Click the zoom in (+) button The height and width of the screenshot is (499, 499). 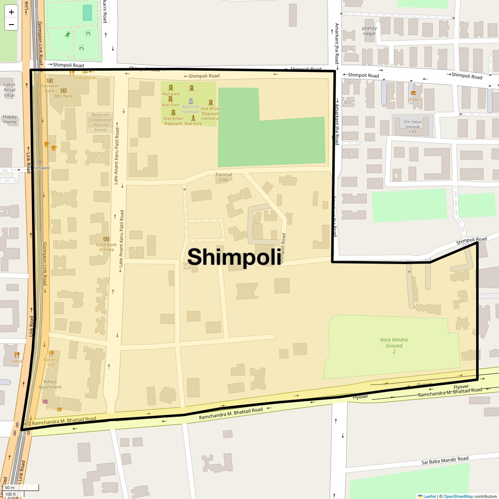tap(11, 12)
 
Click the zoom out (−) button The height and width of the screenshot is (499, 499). tap(11, 24)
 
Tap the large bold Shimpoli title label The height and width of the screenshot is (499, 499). tap(234, 257)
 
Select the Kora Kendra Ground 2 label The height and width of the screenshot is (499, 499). tap(394, 346)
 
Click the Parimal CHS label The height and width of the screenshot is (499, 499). tap(224, 177)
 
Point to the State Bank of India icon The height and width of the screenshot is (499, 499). tap(106, 239)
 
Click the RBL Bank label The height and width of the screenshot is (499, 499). tap(64, 96)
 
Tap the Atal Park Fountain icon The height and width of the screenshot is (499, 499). tap(191, 101)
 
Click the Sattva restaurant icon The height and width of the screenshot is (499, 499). tap(17, 354)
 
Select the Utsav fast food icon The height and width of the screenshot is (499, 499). tap(413, 93)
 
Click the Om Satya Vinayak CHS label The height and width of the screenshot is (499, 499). tap(413, 127)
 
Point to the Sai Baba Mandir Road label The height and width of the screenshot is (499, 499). tap(445, 460)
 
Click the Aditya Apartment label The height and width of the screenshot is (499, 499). tap(50, 384)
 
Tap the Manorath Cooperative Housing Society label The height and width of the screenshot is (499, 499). tap(101, 122)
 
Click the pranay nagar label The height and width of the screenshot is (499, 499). tap(369, 31)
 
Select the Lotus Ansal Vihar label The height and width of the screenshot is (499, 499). tap(10, 90)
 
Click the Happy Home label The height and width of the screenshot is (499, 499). tap(10, 119)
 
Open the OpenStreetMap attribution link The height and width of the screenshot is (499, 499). tap(458, 496)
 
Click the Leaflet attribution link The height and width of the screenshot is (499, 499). tap(430, 496)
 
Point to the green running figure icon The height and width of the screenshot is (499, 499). tap(68, 35)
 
